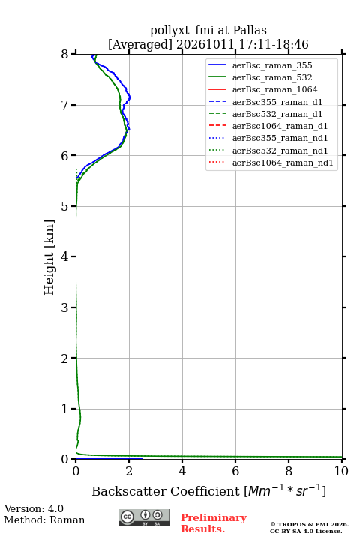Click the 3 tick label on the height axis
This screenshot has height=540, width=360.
coord(65,307)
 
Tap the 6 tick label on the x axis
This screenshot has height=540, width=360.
coord(235,471)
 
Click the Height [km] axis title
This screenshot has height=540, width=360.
coord(49,257)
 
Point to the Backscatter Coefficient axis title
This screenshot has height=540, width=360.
coord(208,490)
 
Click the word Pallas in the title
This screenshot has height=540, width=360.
coord(250,30)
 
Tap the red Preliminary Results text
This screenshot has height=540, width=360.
coord(214,523)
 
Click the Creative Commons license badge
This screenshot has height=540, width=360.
coord(144,517)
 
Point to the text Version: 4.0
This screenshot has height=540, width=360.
coord(34,508)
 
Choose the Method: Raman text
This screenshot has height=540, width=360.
coord(44,520)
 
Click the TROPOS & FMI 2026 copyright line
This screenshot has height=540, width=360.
coord(309,524)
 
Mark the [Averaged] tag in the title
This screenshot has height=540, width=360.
coord(139,45)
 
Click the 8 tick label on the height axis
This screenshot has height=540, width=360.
coord(65,54)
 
